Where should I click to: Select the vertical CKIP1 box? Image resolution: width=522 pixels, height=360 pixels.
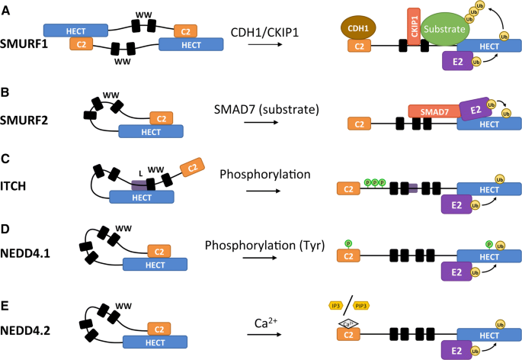(412, 28)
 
